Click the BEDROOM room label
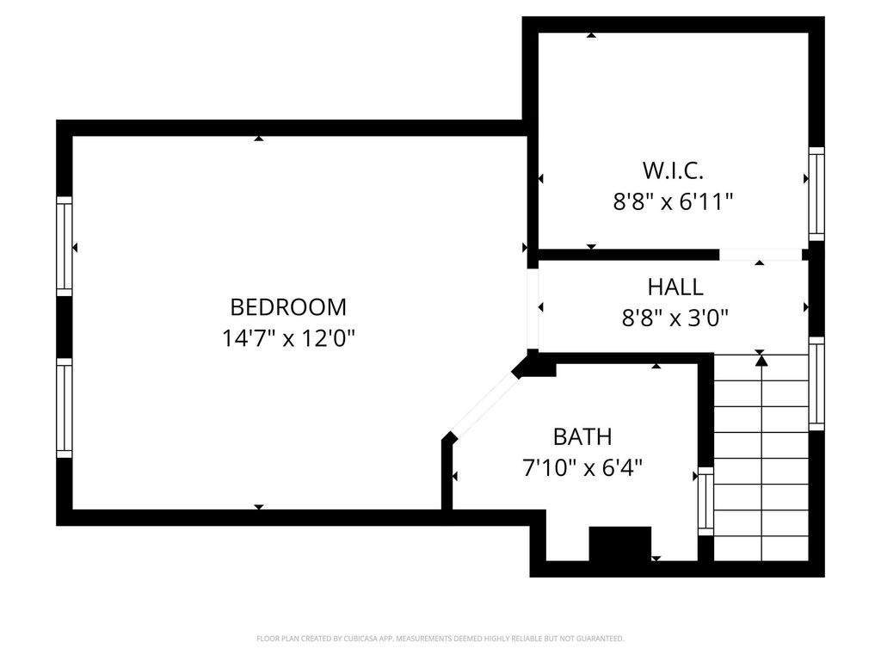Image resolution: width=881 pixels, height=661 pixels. [x=288, y=307]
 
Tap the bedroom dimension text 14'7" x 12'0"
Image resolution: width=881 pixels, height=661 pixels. [x=288, y=338]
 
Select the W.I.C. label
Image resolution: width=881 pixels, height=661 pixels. [x=673, y=170]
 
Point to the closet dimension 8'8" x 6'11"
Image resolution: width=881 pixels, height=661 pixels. [x=673, y=201]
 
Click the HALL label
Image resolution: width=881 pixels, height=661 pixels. [x=675, y=287]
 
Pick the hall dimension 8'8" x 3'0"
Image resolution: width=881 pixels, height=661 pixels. [x=675, y=318]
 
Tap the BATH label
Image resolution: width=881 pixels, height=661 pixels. [x=582, y=436]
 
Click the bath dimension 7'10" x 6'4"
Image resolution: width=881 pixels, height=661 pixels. [x=582, y=467]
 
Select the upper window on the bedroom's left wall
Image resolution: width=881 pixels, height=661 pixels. [x=65, y=246]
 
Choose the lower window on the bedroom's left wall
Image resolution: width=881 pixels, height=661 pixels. [x=65, y=408]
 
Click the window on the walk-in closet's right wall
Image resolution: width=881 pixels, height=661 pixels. [x=816, y=194]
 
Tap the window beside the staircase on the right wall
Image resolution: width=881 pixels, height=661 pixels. [x=816, y=384]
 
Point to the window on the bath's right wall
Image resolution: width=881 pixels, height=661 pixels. [x=705, y=502]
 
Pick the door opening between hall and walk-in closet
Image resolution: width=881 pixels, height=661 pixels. [x=761, y=255]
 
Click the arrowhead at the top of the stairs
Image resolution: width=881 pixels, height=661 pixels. [x=761, y=361]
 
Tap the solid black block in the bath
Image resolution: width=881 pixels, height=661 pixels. [x=619, y=544]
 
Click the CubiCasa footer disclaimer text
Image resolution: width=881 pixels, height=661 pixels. [x=440, y=639]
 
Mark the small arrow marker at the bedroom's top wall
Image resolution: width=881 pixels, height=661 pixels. [x=258, y=139]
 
